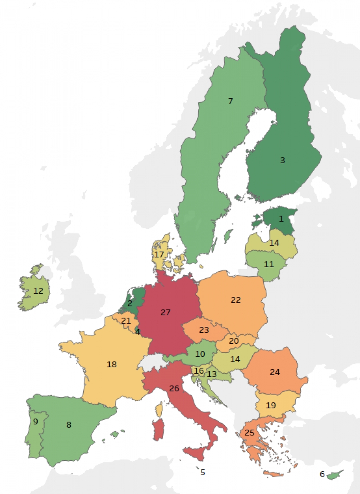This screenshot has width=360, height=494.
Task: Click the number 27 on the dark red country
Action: click(x=166, y=312)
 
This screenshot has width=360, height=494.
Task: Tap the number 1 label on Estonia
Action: click(x=281, y=219)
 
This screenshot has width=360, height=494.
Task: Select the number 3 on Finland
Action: click(x=282, y=160)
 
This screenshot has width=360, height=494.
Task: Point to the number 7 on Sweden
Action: click(x=230, y=101)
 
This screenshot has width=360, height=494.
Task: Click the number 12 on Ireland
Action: click(x=38, y=291)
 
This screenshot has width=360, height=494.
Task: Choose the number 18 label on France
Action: click(x=112, y=364)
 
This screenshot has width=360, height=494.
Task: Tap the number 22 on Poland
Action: click(x=236, y=300)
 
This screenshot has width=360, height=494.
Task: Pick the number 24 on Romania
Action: click(x=274, y=372)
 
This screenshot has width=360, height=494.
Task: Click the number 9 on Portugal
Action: click(x=35, y=422)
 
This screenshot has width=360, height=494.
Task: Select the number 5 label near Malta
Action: click(x=203, y=472)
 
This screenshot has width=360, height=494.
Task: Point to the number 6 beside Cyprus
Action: click(x=322, y=474)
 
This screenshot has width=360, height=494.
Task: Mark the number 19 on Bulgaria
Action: click(x=271, y=405)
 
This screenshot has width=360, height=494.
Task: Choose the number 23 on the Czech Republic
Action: click(x=204, y=330)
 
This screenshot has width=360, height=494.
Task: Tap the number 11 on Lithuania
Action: click(x=269, y=264)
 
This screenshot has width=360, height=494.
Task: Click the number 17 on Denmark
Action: click(x=159, y=254)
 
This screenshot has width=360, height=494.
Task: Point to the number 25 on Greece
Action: click(x=249, y=433)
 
